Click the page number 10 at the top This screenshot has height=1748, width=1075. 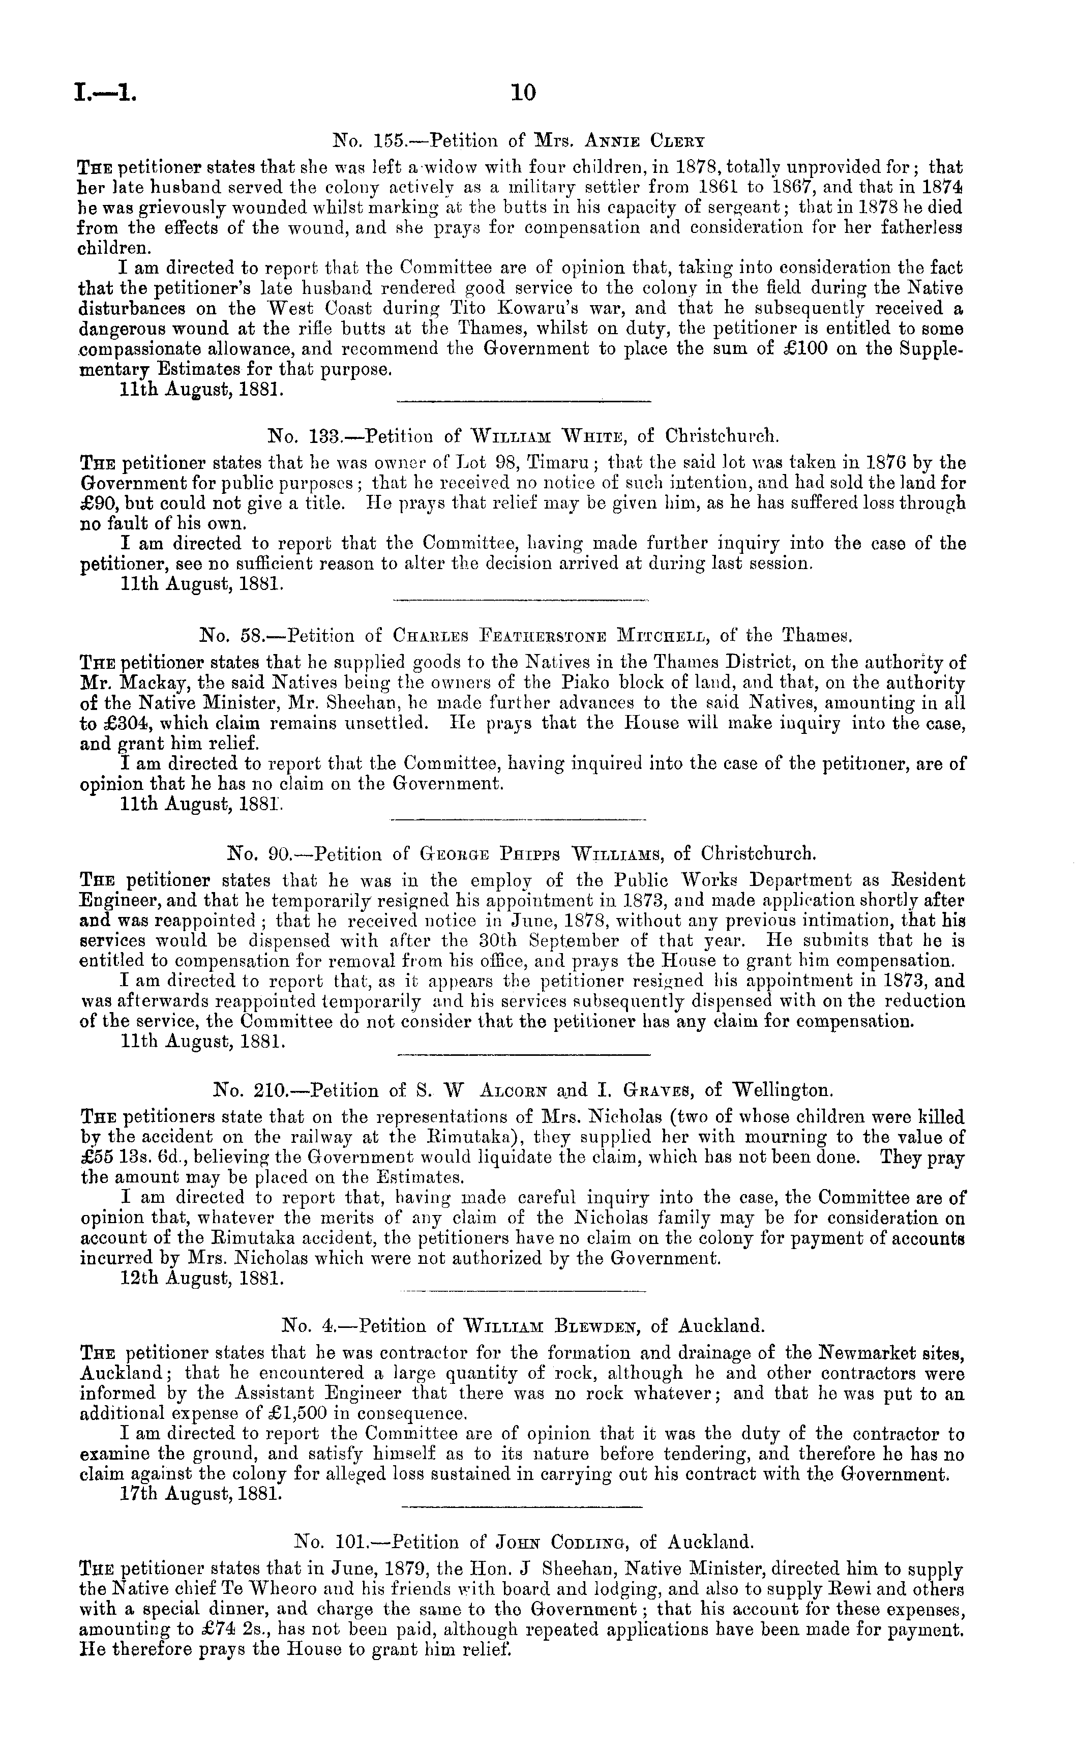[x=523, y=93]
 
